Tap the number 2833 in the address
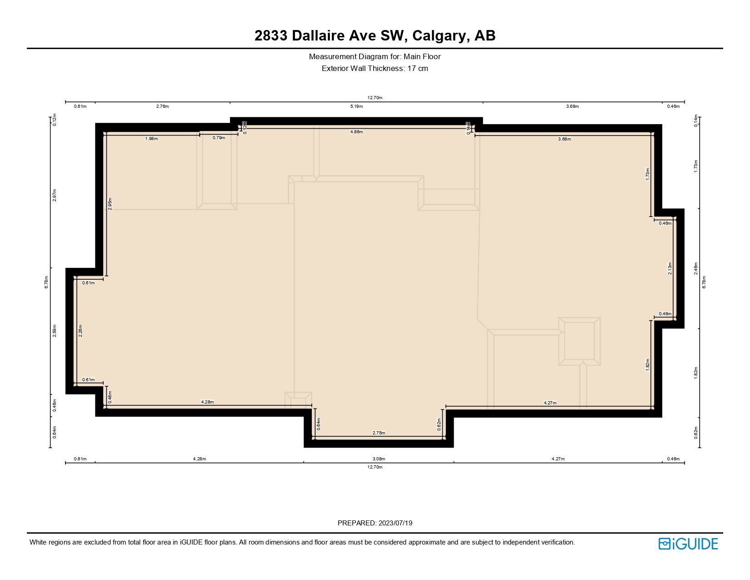pyautogui.click(x=271, y=35)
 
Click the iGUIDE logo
pyautogui.click(x=688, y=544)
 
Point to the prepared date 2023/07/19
pyautogui.click(x=395, y=523)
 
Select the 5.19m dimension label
pyautogui.click(x=356, y=106)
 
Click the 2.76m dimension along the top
pyautogui.click(x=162, y=106)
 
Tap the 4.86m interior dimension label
pyautogui.click(x=356, y=132)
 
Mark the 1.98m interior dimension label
pyautogui.click(x=151, y=139)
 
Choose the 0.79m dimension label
pyautogui.click(x=219, y=138)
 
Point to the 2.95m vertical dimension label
pyautogui.click(x=110, y=203)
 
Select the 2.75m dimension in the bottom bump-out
pyautogui.click(x=379, y=433)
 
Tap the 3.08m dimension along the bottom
pyautogui.click(x=379, y=459)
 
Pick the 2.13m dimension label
pyautogui.click(x=670, y=268)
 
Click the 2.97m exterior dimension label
pyautogui.click(x=54, y=195)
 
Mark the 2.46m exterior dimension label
pyautogui.click(x=695, y=268)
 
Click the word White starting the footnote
pyautogui.click(x=39, y=542)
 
